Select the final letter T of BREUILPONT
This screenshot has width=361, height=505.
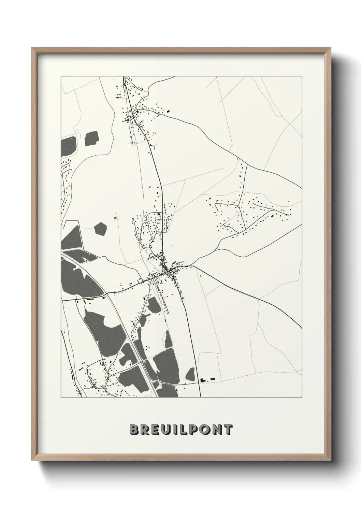228,430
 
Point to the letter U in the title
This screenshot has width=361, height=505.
165,430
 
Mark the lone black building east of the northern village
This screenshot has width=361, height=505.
168,111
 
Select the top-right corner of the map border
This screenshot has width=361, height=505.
302,76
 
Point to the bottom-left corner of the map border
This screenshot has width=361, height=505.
61,398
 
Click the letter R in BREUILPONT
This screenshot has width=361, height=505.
144,430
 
